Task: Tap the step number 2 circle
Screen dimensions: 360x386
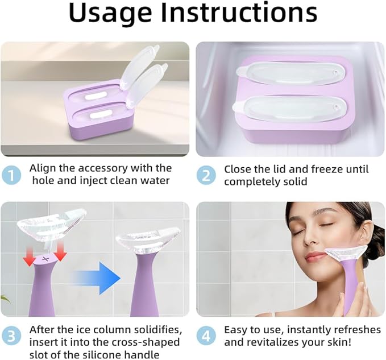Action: point(206,175)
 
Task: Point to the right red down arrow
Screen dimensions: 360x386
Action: point(60,250)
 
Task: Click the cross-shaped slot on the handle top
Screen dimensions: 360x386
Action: point(45,259)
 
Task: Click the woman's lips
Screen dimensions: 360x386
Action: point(316,256)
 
